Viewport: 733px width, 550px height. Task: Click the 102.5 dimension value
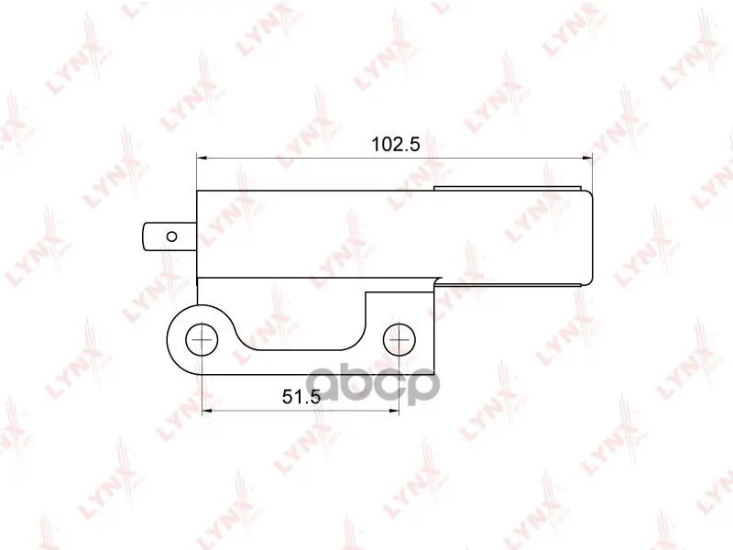click(x=396, y=144)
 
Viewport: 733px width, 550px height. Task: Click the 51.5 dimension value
click(x=301, y=397)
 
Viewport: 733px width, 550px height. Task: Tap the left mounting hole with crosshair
click(x=202, y=338)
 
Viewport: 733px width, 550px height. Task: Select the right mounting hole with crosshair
click(x=399, y=338)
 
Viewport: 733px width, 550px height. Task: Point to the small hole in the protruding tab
click(x=172, y=236)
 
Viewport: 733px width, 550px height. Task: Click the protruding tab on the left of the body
click(x=170, y=236)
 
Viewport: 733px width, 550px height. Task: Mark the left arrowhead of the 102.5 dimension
click(x=202, y=158)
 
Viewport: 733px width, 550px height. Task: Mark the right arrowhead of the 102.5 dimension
click(x=587, y=158)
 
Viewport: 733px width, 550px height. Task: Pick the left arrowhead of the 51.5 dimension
click(x=208, y=411)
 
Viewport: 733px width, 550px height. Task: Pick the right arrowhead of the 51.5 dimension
click(x=394, y=411)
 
